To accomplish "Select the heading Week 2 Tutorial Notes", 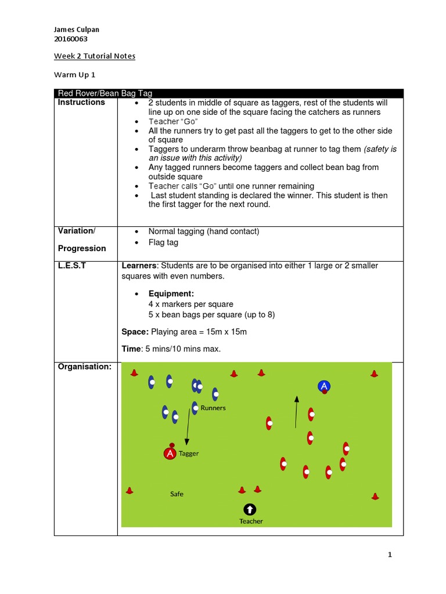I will click(95, 56).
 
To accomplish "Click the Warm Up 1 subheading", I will click(73, 74).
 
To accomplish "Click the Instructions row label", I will click(81, 103).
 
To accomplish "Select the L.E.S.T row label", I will click(71, 266).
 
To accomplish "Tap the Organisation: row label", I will click(84, 367).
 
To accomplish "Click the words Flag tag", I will click(163, 242).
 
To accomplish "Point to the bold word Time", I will click(131, 349).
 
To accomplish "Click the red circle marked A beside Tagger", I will click(170, 454).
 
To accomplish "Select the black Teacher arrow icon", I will click(250, 509).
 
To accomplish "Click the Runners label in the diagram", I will click(213, 408).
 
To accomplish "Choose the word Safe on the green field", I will click(177, 494).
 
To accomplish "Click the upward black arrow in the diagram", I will click(296, 412).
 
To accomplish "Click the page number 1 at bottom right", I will click(390, 555).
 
